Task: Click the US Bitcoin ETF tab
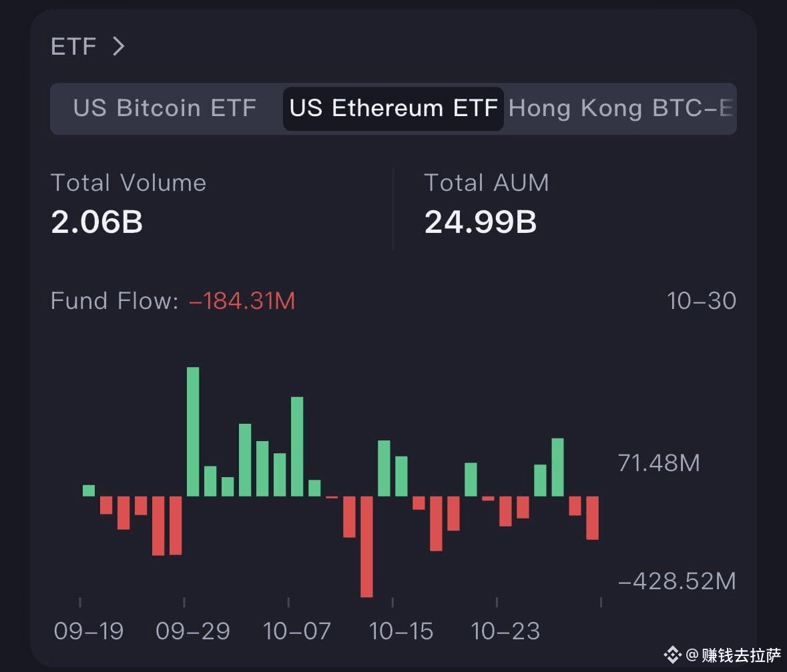pyautogui.click(x=165, y=108)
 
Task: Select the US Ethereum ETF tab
pyautogui.click(x=394, y=108)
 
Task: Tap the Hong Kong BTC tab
pyautogui.click(x=621, y=108)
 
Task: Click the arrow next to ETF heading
pyautogui.click(x=118, y=46)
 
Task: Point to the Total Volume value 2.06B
pyautogui.click(x=97, y=222)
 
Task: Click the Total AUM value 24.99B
pyautogui.click(x=481, y=222)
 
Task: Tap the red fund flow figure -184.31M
pyautogui.click(x=242, y=301)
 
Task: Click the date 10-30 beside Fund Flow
pyautogui.click(x=701, y=301)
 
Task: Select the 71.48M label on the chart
pyautogui.click(x=659, y=462)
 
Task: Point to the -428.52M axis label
pyautogui.click(x=677, y=581)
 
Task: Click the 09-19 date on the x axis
pyautogui.click(x=88, y=631)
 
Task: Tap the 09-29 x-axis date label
pyautogui.click(x=193, y=631)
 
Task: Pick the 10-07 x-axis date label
pyautogui.click(x=296, y=631)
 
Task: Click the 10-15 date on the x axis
pyautogui.click(x=401, y=631)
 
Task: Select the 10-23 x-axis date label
pyautogui.click(x=505, y=631)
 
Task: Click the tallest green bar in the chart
pyautogui.click(x=193, y=432)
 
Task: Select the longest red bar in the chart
pyautogui.click(x=366, y=547)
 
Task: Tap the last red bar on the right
pyautogui.click(x=592, y=518)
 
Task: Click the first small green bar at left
pyautogui.click(x=88, y=490)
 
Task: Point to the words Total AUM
pyautogui.click(x=487, y=183)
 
